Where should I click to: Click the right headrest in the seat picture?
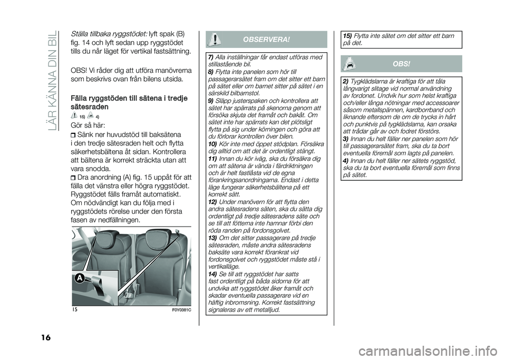click(159, 237)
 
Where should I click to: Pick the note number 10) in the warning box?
click(211, 143)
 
